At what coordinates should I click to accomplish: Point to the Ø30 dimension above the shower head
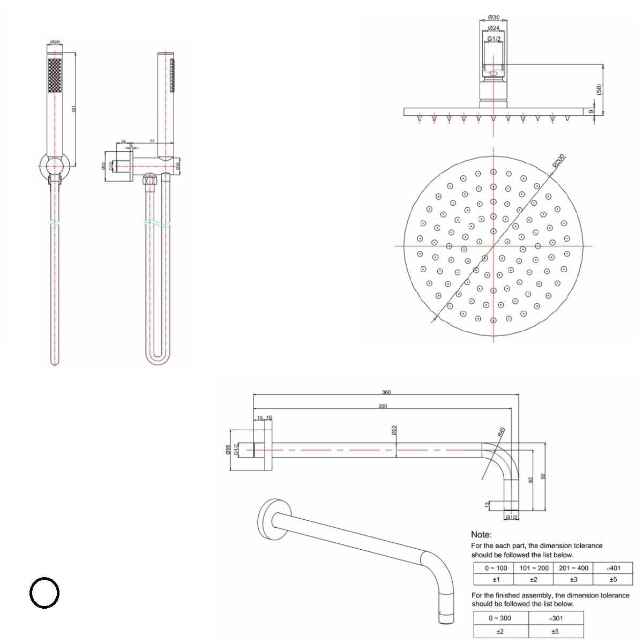click(494, 18)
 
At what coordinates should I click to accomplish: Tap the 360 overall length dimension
click(386, 392)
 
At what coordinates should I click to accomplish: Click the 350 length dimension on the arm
click(383, 406)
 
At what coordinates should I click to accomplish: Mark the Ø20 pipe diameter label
click(394, 430)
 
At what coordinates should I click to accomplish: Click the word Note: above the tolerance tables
click(481, 534)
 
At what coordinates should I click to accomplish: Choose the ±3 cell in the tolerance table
click(573, 579)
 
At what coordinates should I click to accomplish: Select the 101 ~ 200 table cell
click(534, 568)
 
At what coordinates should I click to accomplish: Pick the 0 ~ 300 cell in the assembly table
click(499, 618)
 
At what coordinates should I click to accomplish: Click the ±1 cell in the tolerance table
click(496, 579)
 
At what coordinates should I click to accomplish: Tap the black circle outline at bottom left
click(44, 593)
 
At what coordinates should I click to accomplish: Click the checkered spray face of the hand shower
click(55, 76)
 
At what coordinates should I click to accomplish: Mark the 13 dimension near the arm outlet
click(487, 505)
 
